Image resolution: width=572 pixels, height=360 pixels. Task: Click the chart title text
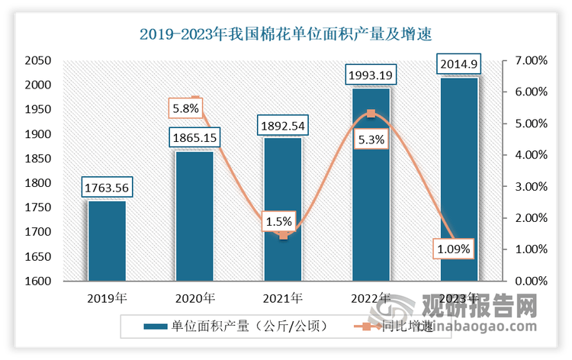pyautogui.click(x=286, y=34)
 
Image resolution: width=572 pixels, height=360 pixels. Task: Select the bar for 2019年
pyautogui.click(x=107, y=240)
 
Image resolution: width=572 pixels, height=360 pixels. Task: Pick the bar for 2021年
pyautogui.click(x=283, y=209)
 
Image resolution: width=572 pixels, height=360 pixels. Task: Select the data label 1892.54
pyautogui.click(x=283, y=125)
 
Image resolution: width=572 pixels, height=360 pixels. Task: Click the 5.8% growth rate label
pyautogui.click(x=186, y=109)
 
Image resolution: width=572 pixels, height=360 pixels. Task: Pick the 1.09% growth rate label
pyautogui.click(x=454, y=249)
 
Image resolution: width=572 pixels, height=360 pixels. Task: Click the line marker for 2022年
pyautogui.click(x=371, y=114)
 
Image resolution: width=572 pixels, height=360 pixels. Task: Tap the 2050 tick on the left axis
pyautogui.click(x=37, y=61)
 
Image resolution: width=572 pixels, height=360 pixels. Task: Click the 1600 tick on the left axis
pyautogui.click(x=37, y=281)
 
